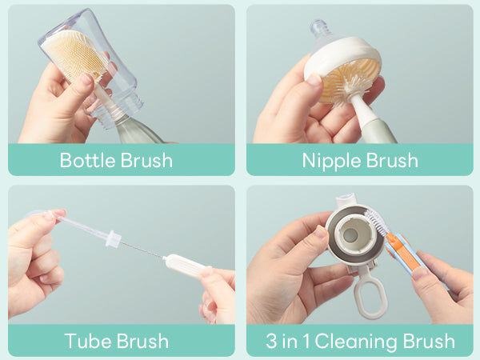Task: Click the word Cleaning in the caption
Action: coord(356,342)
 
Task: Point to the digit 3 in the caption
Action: coord(271,341)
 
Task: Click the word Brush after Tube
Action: coord(142,341)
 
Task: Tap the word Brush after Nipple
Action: coord(392,160)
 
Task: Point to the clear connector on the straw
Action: coord(113,238)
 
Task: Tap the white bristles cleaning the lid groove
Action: coord(377,222)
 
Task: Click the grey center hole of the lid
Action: coord(350,235)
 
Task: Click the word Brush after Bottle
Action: coord(146,160)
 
